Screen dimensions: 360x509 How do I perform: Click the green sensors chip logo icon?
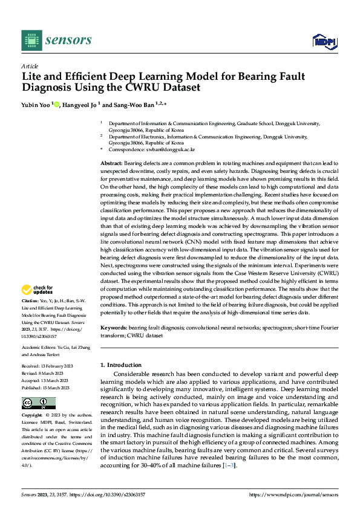pyautogui.click(x=30, y=41)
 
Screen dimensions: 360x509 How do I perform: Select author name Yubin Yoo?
pyautogui.click(x=35, y=105)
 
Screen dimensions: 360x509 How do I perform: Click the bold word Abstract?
pyautogui.click(x=111, y=164)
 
